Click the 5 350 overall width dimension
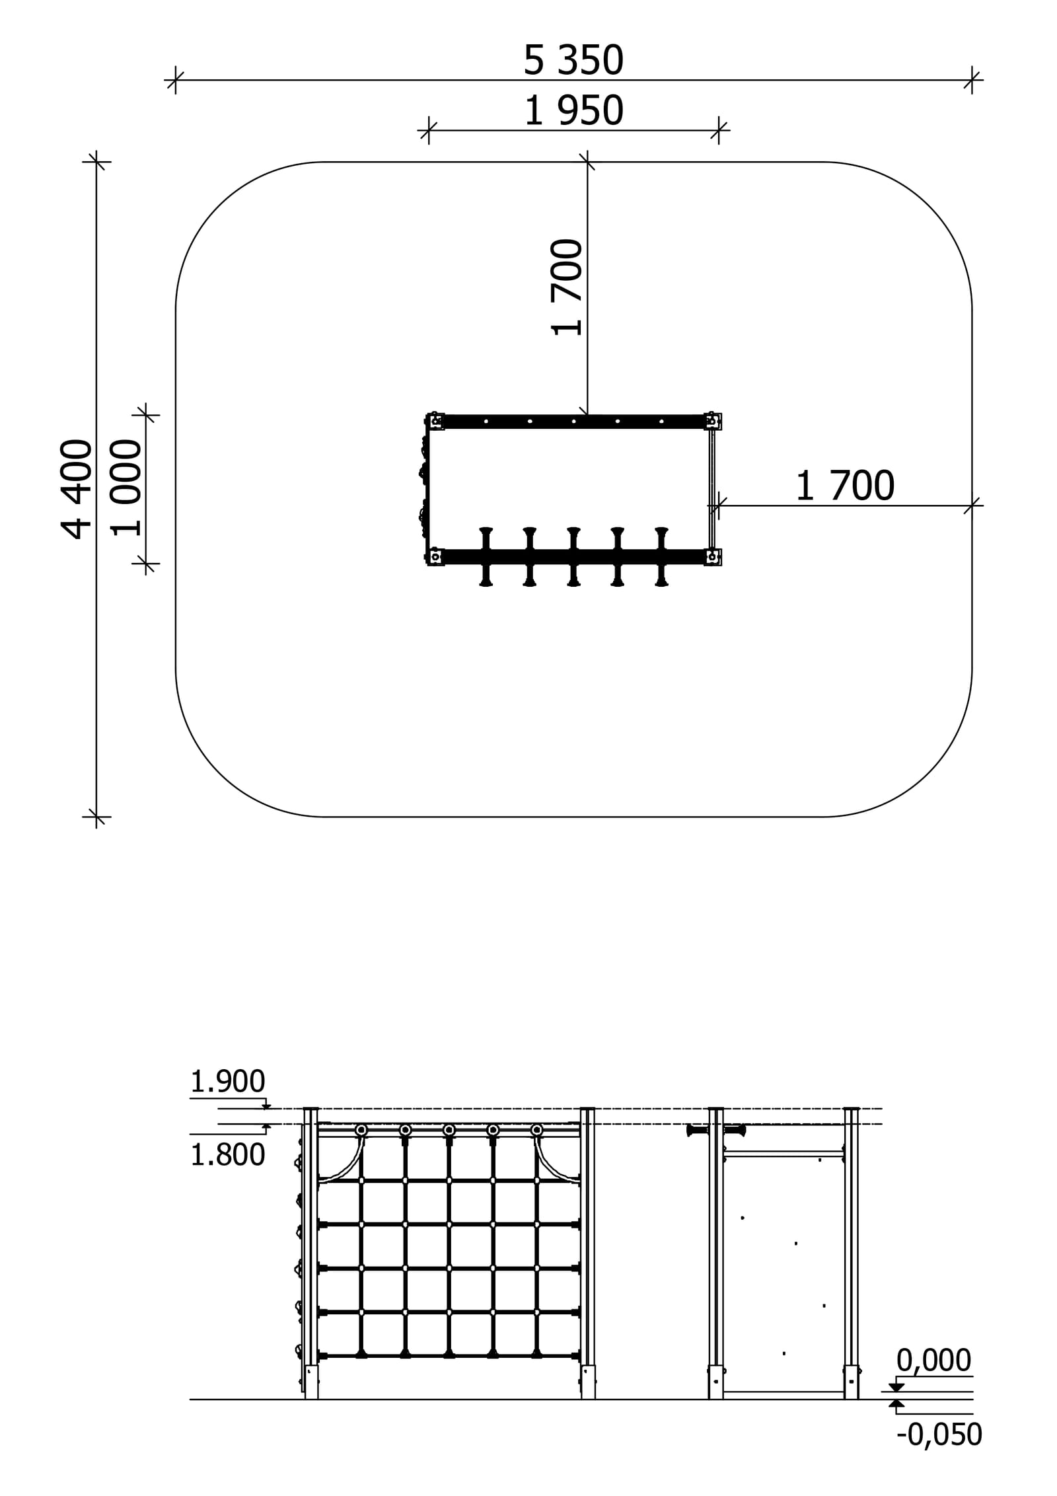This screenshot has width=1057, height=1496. tap(573, 60)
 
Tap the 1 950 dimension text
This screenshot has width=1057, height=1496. tap(573, 110)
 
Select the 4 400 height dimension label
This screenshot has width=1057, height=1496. tap(77, 489)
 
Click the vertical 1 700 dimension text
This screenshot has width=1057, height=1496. tap(567, 287)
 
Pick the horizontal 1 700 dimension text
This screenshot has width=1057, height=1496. tap(845, 486)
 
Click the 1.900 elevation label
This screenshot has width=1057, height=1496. tap(227, 1082)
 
